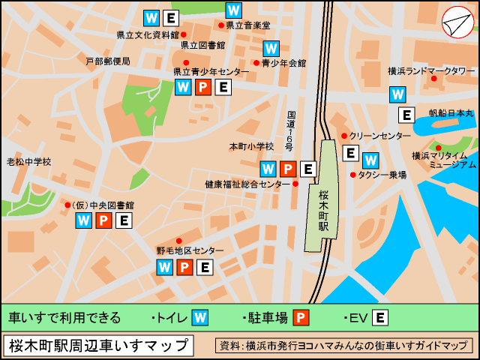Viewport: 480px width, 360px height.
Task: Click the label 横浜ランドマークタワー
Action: tap(431, 70)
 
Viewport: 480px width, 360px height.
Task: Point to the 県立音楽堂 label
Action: tap(247, 25)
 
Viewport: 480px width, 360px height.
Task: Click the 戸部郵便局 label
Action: tap(107, 61)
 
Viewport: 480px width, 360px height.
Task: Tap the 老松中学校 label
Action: tap(29, 161)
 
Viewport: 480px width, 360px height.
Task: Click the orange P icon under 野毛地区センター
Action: tap(184, 267)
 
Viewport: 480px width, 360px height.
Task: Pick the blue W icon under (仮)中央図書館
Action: tap(84, 220)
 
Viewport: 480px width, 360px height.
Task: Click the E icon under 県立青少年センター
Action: tap(223, 88)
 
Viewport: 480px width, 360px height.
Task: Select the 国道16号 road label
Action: tap(291, 131)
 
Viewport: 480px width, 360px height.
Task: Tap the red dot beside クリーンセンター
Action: tap(344, 136)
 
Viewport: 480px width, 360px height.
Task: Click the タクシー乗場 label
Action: tap(382, 175)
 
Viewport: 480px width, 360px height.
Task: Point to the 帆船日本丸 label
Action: tap(451, 113)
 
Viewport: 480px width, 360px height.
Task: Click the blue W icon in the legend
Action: tap(200, 317)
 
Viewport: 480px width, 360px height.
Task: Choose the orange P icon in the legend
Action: tap(301, 317)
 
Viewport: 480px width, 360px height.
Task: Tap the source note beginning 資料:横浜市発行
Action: tap(343, 346)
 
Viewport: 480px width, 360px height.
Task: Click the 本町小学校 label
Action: tap(251, 146)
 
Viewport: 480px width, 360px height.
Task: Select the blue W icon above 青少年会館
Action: tap(271, 48)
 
